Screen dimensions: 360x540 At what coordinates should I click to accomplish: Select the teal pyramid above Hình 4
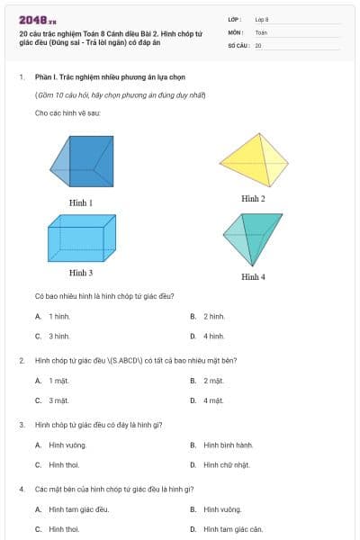pyautogui.click(x=253, y=236)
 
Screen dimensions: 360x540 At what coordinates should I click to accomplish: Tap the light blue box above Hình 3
pyautogui.click(x=81, y=238)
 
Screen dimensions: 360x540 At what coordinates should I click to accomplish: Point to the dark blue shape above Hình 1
pyautogui.click(x=84, y=161)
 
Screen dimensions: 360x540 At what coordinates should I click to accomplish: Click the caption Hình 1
pyautogui.click(x=81, y=202)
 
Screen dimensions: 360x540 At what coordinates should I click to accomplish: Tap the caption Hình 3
pyautogui.click(x=81, y=272)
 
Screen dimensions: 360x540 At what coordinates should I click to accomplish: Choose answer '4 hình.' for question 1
pyautogui.click(x=213, y=336)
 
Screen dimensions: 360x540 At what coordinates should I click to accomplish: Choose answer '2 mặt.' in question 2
pyautogui.click(x=213, y=381)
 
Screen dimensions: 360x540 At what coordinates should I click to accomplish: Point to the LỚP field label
pyautogui.click(x=235, y=19)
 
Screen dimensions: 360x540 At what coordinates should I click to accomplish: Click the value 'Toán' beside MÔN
pyautogui.click(x=262, y=31)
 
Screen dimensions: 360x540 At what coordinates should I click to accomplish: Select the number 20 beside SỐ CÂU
pyautogui.click(x=258, y=45)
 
